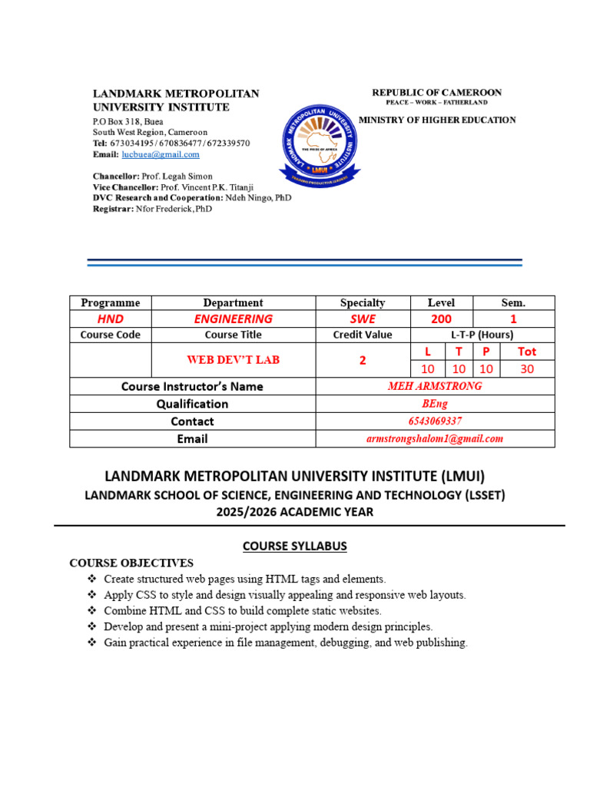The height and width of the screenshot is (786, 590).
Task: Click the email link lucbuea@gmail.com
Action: (161, 154)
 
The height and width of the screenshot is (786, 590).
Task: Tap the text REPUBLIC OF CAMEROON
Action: (436, 92)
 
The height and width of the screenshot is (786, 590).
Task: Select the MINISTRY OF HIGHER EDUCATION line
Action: (437, 120)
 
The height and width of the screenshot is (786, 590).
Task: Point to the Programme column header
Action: (111, 302)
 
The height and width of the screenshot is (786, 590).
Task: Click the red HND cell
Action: (111, 319)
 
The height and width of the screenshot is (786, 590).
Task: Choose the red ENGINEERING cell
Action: (233, 319)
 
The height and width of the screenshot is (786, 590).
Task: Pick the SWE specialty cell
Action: (363, 319)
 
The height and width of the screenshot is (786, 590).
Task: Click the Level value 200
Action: (442, 319)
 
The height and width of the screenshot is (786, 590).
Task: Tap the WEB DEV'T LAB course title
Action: (233, 360)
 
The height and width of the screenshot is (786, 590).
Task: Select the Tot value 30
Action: (526, 369)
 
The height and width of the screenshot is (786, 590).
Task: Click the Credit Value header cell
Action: (363, 335)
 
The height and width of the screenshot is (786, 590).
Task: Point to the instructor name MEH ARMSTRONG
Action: (435, 386)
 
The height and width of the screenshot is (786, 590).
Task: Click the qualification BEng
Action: (435, 404)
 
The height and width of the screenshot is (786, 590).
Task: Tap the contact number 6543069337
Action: (435, 421)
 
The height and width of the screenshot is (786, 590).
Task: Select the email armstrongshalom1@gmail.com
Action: (435, 438)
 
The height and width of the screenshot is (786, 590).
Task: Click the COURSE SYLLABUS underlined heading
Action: (295, 546)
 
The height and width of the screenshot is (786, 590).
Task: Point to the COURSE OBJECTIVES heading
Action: (131, 563)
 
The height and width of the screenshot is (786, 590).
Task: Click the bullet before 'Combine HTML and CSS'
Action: (92, 611)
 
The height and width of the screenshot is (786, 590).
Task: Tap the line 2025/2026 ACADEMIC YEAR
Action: (295, 511)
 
